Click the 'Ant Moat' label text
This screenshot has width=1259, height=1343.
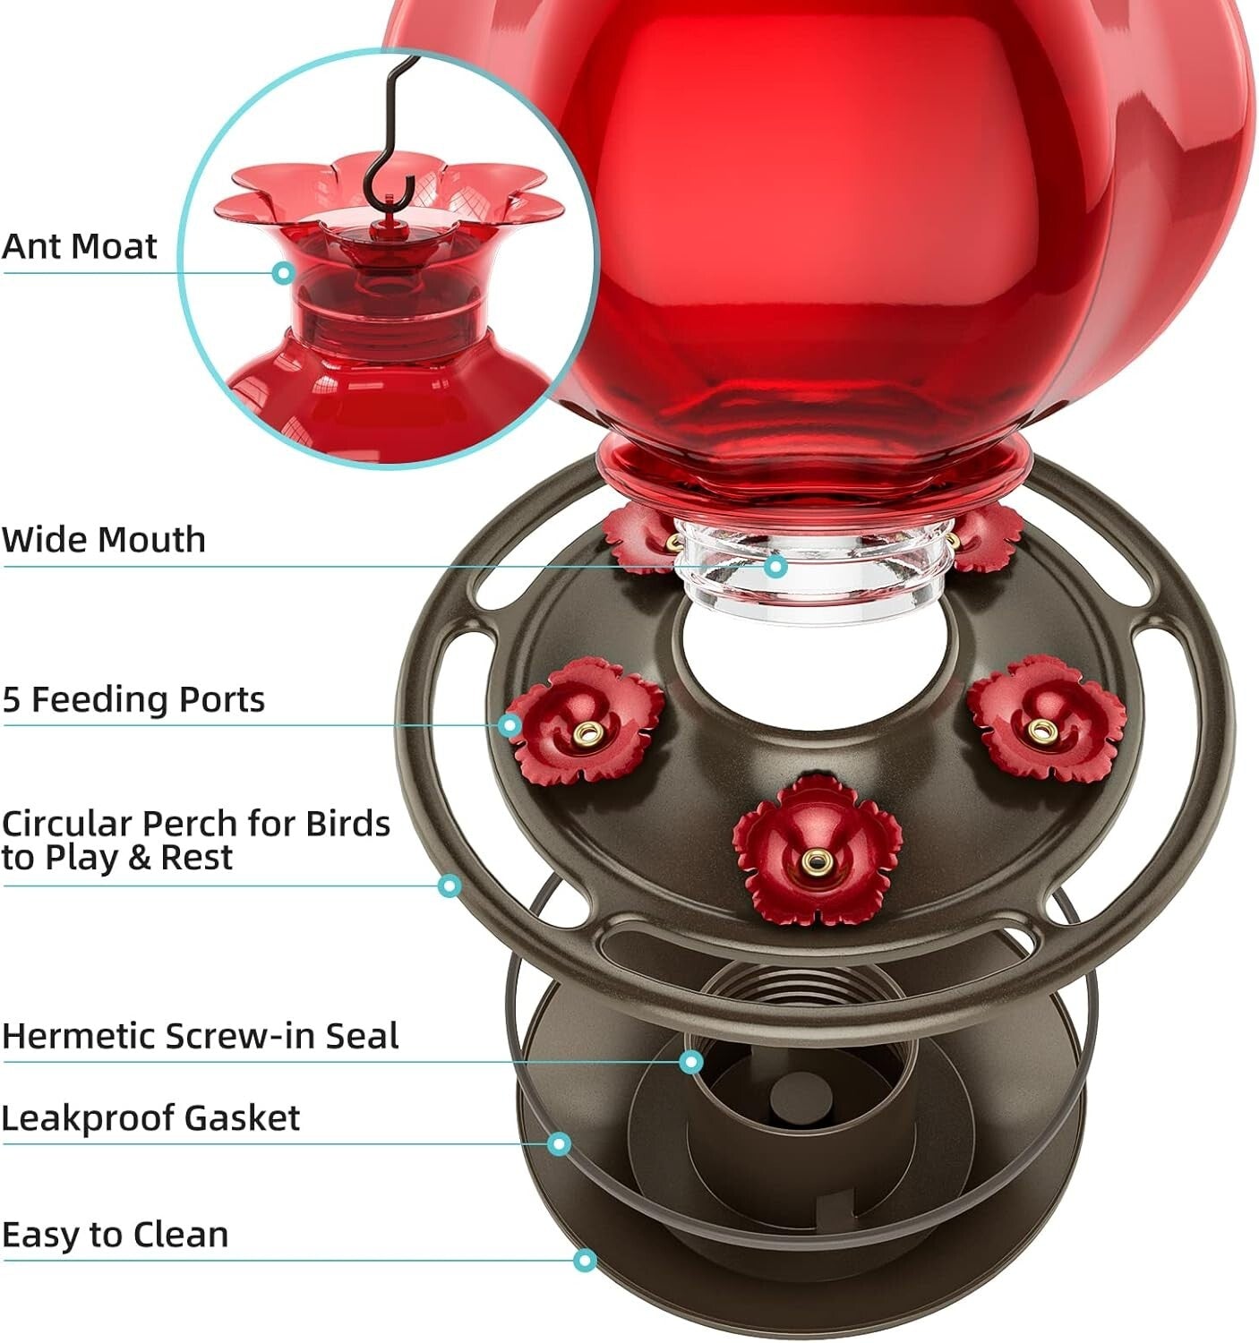pos(79,246)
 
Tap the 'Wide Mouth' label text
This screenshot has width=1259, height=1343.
pos(103,540)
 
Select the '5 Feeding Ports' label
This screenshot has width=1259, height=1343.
pos(133,699)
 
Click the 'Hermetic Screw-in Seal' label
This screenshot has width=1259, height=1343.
pos(200,1036)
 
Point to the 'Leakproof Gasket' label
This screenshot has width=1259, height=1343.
pos(150,1118)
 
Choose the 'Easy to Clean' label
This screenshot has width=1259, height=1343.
pos(115,1235)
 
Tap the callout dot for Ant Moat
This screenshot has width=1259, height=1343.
pos(284,273)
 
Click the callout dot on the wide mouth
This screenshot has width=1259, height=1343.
pos(776,566)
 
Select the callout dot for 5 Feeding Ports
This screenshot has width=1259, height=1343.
pos(510,724)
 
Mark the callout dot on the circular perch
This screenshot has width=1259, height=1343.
pos(450,886)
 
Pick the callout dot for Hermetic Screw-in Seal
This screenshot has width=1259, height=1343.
pos(690,1062)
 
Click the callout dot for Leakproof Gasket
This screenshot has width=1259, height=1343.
pos(559,1143)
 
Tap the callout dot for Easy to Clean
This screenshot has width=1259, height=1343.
pos(585,1261)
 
